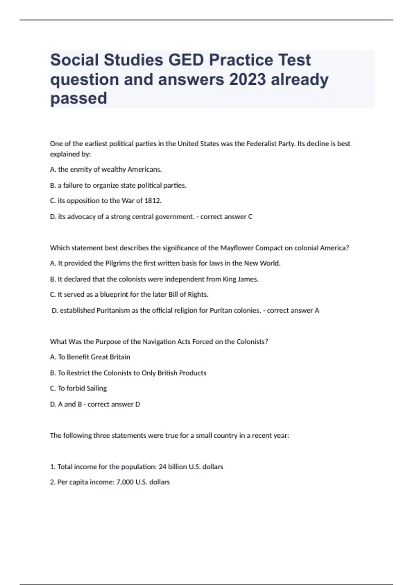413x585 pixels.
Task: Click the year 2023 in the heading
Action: [247, 79]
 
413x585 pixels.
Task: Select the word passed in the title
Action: [78, 98]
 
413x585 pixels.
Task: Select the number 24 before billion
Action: [162, 467]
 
